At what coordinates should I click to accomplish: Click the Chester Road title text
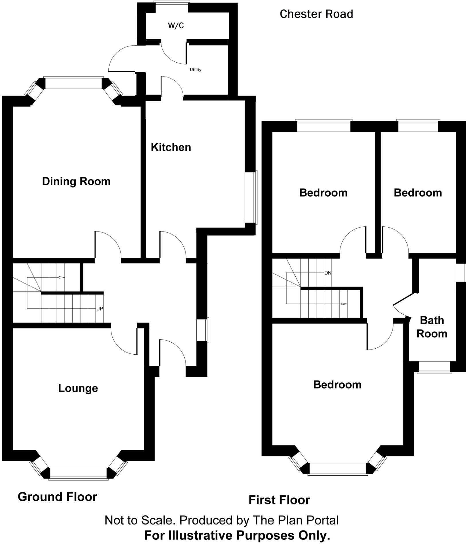click(316, 14)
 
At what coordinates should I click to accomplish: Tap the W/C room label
click(176, 26)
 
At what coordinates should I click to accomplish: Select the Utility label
click(196, 70)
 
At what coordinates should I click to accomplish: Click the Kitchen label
click(171, 147)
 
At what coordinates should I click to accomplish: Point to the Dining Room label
click(76, 181)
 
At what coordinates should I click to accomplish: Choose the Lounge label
click(78, 388)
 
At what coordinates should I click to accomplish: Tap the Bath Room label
click(432, 327)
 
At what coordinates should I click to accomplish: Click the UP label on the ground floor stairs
click(100, 309)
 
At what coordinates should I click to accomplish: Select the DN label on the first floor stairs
click(328, 273)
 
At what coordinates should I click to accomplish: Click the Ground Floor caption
click(57, 497)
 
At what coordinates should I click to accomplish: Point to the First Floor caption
click(279, 500)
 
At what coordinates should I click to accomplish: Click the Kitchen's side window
click(251, 197)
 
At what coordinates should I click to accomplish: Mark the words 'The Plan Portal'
click(296, 520)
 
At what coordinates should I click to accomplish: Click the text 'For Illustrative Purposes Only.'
click(237, 535)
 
